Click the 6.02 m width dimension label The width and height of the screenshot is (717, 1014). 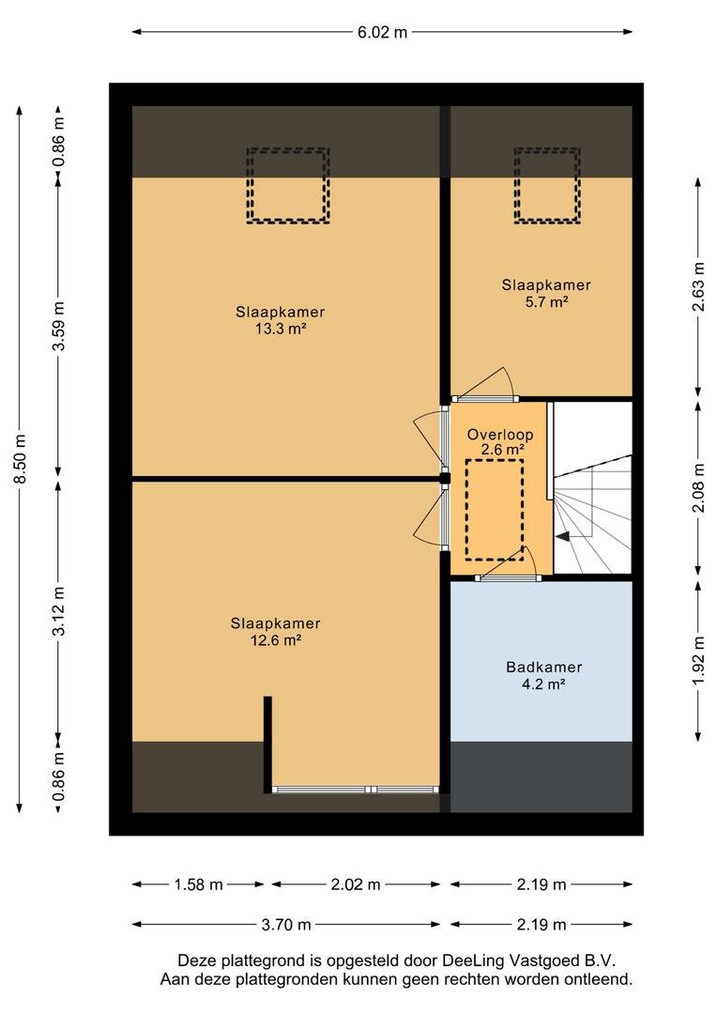[x=383, y=32]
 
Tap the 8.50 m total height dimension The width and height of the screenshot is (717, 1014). [x=20, y=458]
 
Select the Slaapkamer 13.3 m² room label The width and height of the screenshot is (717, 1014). [x=280, y=320]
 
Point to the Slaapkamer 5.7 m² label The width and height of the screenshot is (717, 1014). [x=546, y=293]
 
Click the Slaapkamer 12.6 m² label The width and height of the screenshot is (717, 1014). [x=275, y=632]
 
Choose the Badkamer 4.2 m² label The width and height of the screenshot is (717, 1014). [x=543, y=675]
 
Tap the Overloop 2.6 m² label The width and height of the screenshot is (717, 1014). [x=500, y=441]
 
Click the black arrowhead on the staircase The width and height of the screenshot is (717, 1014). [x=562, y=535]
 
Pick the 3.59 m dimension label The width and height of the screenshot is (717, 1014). [x=59, y=326]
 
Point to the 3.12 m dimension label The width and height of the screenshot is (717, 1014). [x=59, y=610]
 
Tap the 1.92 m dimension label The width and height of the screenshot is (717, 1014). [x=698, y=660]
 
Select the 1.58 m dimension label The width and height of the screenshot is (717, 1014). [x=198, y=884]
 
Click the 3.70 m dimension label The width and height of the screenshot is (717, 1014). [x=285, y=925]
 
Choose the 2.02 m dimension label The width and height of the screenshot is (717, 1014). [x=356, y=884]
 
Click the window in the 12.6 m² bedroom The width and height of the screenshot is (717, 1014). [x=355, y=790]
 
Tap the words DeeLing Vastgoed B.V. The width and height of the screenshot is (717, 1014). [x=529, y=960]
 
